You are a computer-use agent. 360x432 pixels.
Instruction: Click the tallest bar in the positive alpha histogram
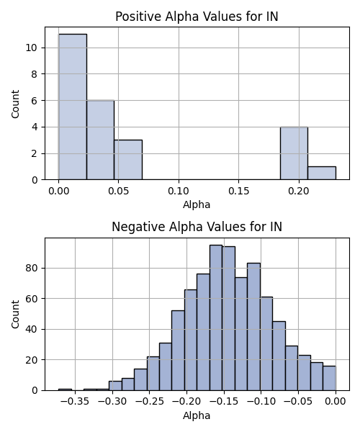[x=73, y=107]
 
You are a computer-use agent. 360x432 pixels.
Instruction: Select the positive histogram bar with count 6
[x=101, y=140]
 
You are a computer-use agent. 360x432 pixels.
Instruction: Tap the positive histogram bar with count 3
[x=128, y=160]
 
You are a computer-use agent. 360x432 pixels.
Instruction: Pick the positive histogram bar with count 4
[x=294, y=153]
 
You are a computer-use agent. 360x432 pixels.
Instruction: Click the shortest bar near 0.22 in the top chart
[x=322, y=173]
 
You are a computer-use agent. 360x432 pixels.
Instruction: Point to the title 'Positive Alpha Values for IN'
[x=197, y=17]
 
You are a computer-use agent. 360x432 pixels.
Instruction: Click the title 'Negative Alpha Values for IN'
[x=197, y=227]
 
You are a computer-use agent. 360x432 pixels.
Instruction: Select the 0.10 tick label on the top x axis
[x=179, y=191]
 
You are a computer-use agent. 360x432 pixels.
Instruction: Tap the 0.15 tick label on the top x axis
[x=239, y=191]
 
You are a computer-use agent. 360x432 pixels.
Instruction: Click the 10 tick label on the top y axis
[x=31, y=48]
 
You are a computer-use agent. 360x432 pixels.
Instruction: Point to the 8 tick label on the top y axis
[x=34, y=74]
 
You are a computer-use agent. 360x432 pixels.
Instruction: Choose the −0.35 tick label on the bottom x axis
[x=75, y=402]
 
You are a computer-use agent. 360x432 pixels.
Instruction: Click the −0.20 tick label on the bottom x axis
[x=186, y=402]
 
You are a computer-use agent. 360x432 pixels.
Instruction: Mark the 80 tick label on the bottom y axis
[x=31, y=268]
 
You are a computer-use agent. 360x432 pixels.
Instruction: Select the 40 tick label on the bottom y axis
[x=31, y=329]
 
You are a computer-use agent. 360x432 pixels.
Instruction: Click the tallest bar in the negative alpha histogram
[x=216, y=318]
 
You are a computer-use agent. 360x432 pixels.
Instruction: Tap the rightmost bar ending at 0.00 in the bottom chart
[x=330, y=378]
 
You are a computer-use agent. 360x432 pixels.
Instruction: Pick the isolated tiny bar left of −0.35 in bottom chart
[x=65, y=390]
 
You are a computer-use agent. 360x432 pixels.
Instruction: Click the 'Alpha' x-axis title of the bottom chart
[x=197, y=415]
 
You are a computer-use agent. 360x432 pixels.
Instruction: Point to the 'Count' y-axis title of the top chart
[x=15, y=104]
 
